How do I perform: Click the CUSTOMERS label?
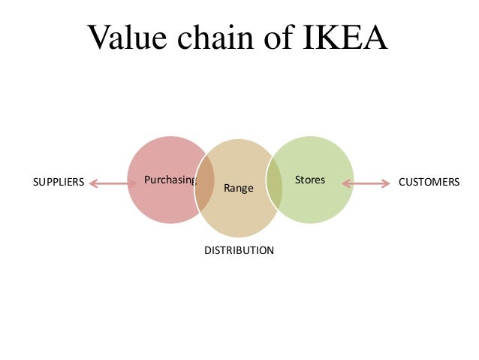429,182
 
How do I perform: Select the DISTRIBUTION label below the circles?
239,250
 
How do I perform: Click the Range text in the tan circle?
238,187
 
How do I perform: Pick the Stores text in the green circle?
310,180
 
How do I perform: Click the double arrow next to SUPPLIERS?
112,182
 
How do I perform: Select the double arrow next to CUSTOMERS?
366,182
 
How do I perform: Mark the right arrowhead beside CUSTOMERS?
387,182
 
